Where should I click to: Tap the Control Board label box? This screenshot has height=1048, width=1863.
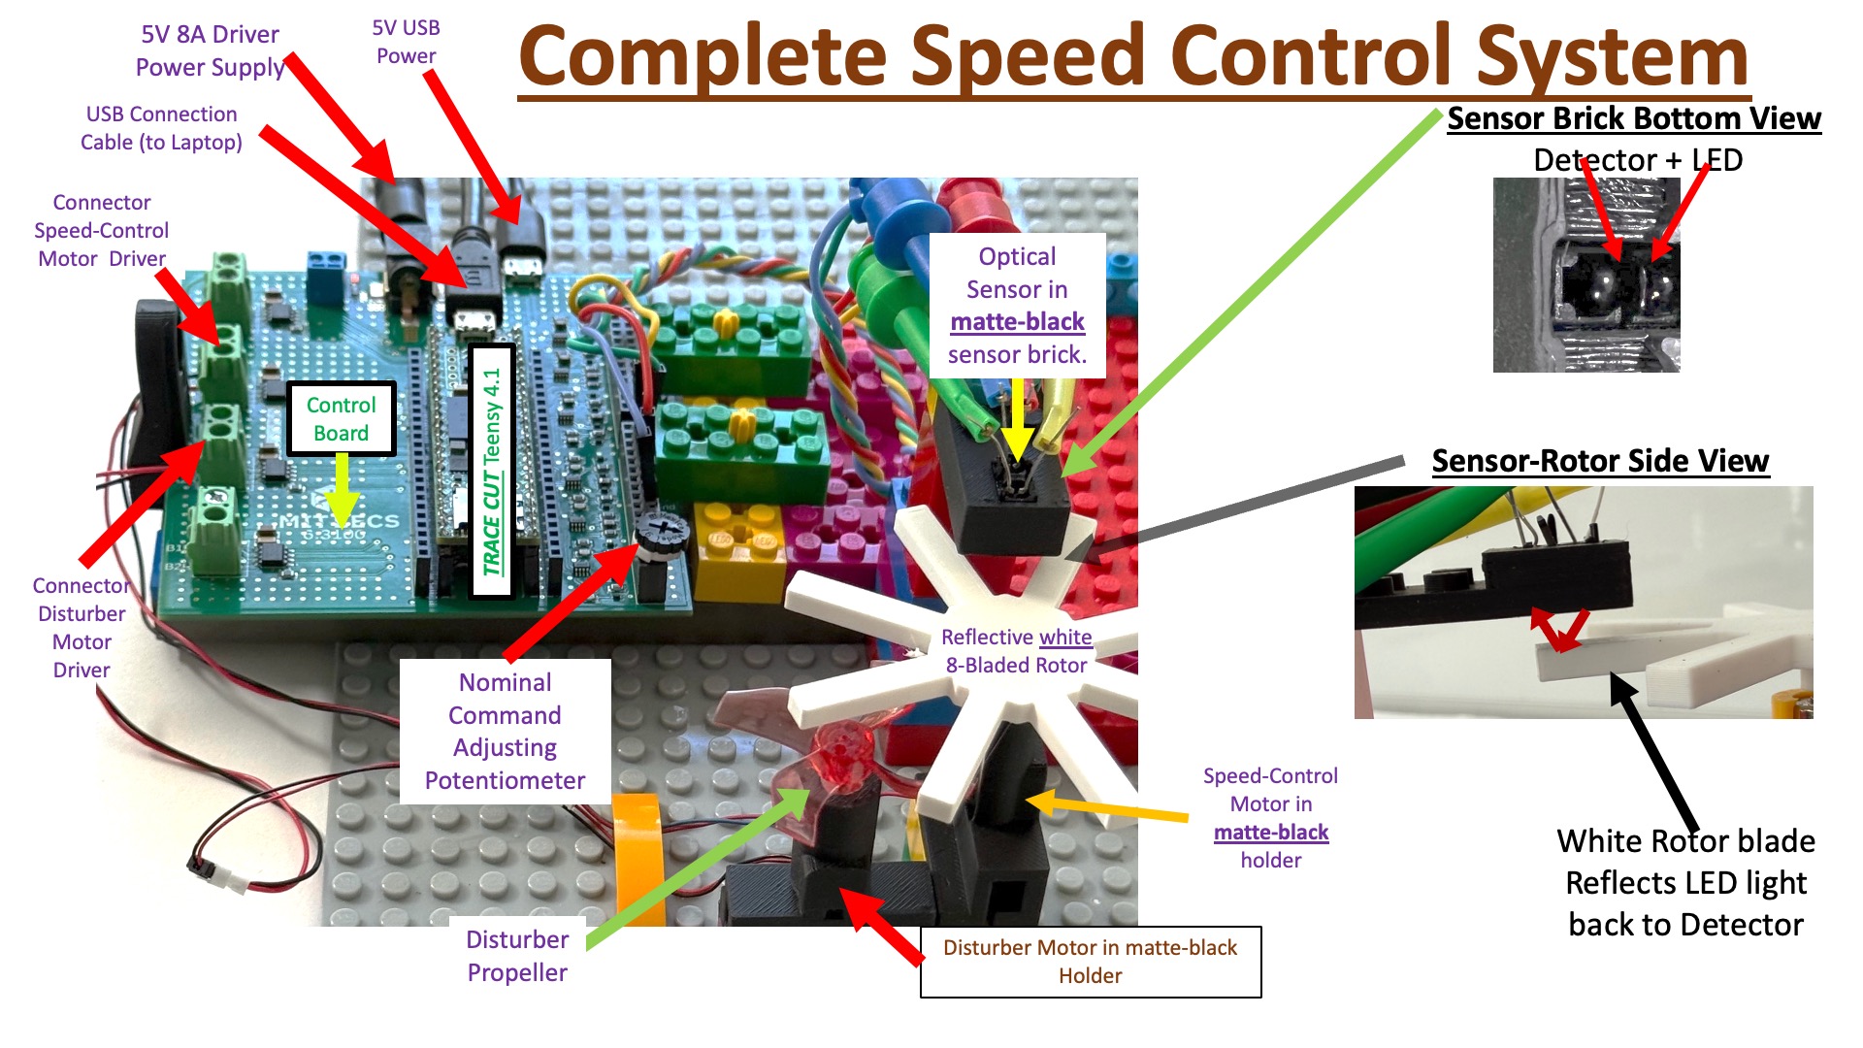tap(341, 419)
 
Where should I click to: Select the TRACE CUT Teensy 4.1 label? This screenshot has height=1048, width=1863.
tap(492, 472)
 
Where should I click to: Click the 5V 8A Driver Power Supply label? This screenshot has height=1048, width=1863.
tap(210, 50)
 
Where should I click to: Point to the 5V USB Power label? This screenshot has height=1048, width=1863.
tap(406, 42)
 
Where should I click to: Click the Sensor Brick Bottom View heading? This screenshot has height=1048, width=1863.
tap(1634, 118)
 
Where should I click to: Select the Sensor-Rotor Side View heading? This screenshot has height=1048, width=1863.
tap(1600, 461)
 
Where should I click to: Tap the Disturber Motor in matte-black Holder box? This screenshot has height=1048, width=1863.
tap(1090, 962)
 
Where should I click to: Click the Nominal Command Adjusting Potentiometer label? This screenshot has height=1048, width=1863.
tap(505, 731)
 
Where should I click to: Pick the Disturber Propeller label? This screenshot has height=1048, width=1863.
tap(517, 956)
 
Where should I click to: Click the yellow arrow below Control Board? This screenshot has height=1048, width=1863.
tap(342, 490)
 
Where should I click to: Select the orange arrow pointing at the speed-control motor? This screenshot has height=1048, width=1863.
tap(1106, 808)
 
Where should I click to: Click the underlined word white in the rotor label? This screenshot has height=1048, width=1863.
tap(1064, 638)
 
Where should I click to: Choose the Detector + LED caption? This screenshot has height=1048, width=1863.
tap(1637, 160)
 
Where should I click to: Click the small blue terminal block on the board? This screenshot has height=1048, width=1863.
tap(327, 263)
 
